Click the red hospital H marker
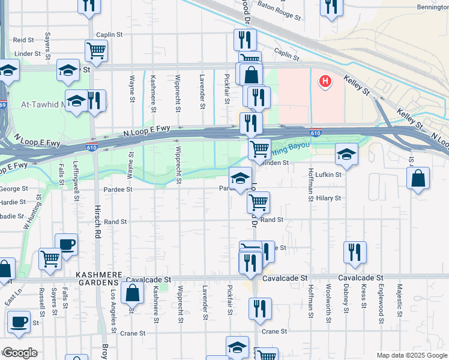point(325,81)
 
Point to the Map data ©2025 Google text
point(412,355)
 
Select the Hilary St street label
point(328,198)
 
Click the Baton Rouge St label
point(278,10)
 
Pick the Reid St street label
point(23,40)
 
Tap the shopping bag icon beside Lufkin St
point(418,179)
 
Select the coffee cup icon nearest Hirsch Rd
point(66,244)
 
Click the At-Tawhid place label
point(42,104)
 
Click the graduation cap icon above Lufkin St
point(346,154)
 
